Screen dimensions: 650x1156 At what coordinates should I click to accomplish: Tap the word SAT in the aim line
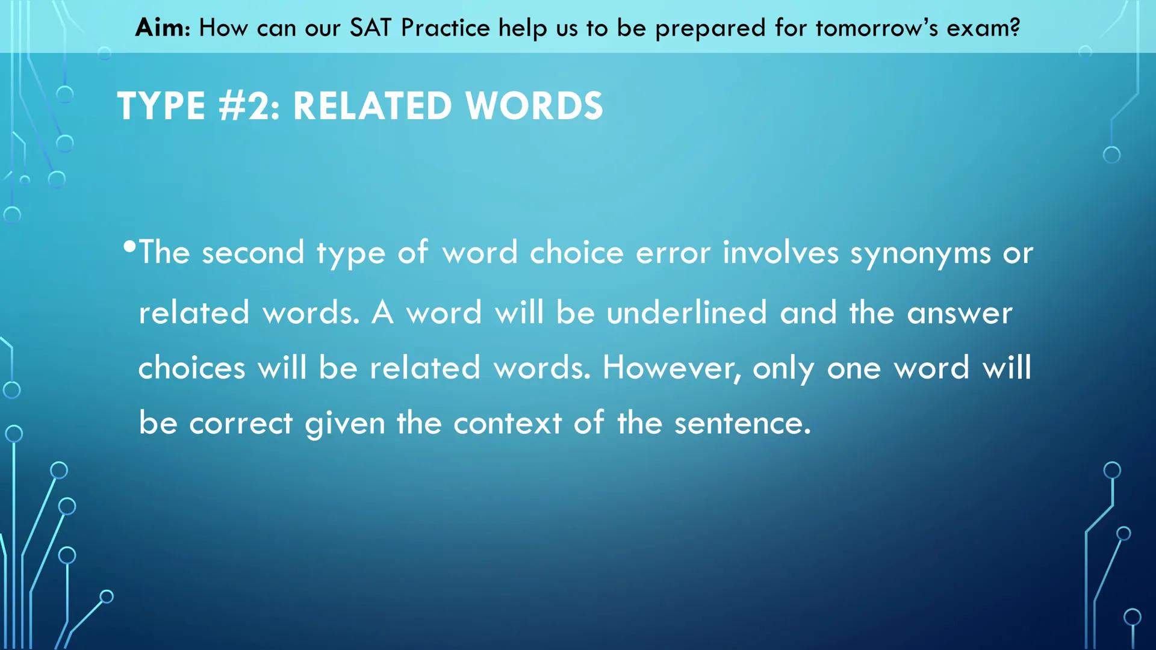pos(370,28)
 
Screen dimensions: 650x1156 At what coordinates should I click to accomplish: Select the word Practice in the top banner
pos(446,28)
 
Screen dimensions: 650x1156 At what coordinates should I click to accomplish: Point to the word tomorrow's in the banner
pos(877,28)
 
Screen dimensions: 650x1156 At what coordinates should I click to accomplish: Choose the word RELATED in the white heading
pos(372,107)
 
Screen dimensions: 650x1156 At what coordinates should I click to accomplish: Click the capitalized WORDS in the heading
pos(534,107)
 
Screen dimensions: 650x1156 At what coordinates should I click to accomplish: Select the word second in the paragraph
pos(253,253)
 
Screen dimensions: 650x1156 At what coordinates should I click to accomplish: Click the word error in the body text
pos(673,253)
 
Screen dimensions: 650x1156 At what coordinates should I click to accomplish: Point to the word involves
pos(780,253)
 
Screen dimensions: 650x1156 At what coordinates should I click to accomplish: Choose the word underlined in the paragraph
pos(686,313)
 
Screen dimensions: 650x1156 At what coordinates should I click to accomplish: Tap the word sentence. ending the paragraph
pos(742,423)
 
